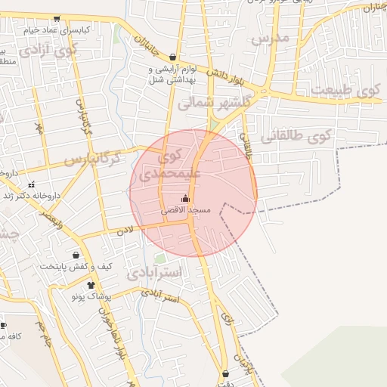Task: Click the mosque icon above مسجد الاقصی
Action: pyautogui.click(x=186, y=198)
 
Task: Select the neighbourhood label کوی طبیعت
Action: pyautogui.click(x=350, y=91)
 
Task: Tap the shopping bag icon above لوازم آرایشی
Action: pyautogui.click(x=173, y=57)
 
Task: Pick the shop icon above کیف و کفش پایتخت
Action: pyautogui.click(x=76, y=255)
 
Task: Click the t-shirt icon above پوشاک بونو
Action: pyautogui.click(x=91, y=285)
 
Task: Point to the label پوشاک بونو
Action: pyautogui.click(x=91, y=296)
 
